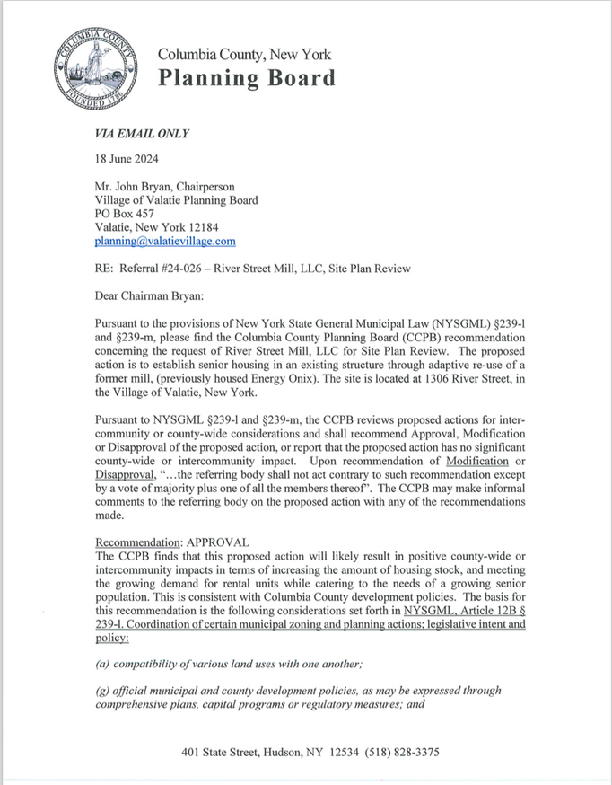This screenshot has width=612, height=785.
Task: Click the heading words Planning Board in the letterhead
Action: (247, 78)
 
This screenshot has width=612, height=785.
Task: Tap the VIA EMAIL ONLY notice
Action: (142, 135)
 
